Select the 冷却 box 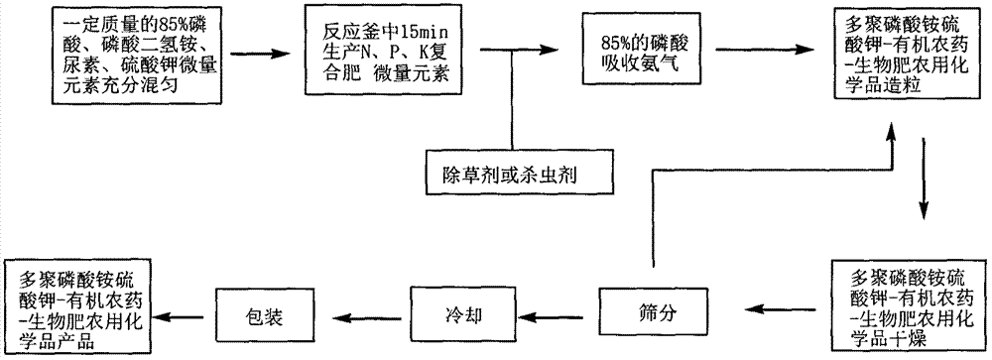pyautogui.click(x=458, y=316)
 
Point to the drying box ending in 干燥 pyautogui.click(x=905, y=301)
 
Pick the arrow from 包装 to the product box pyautogui.click(x=188, y=315)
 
